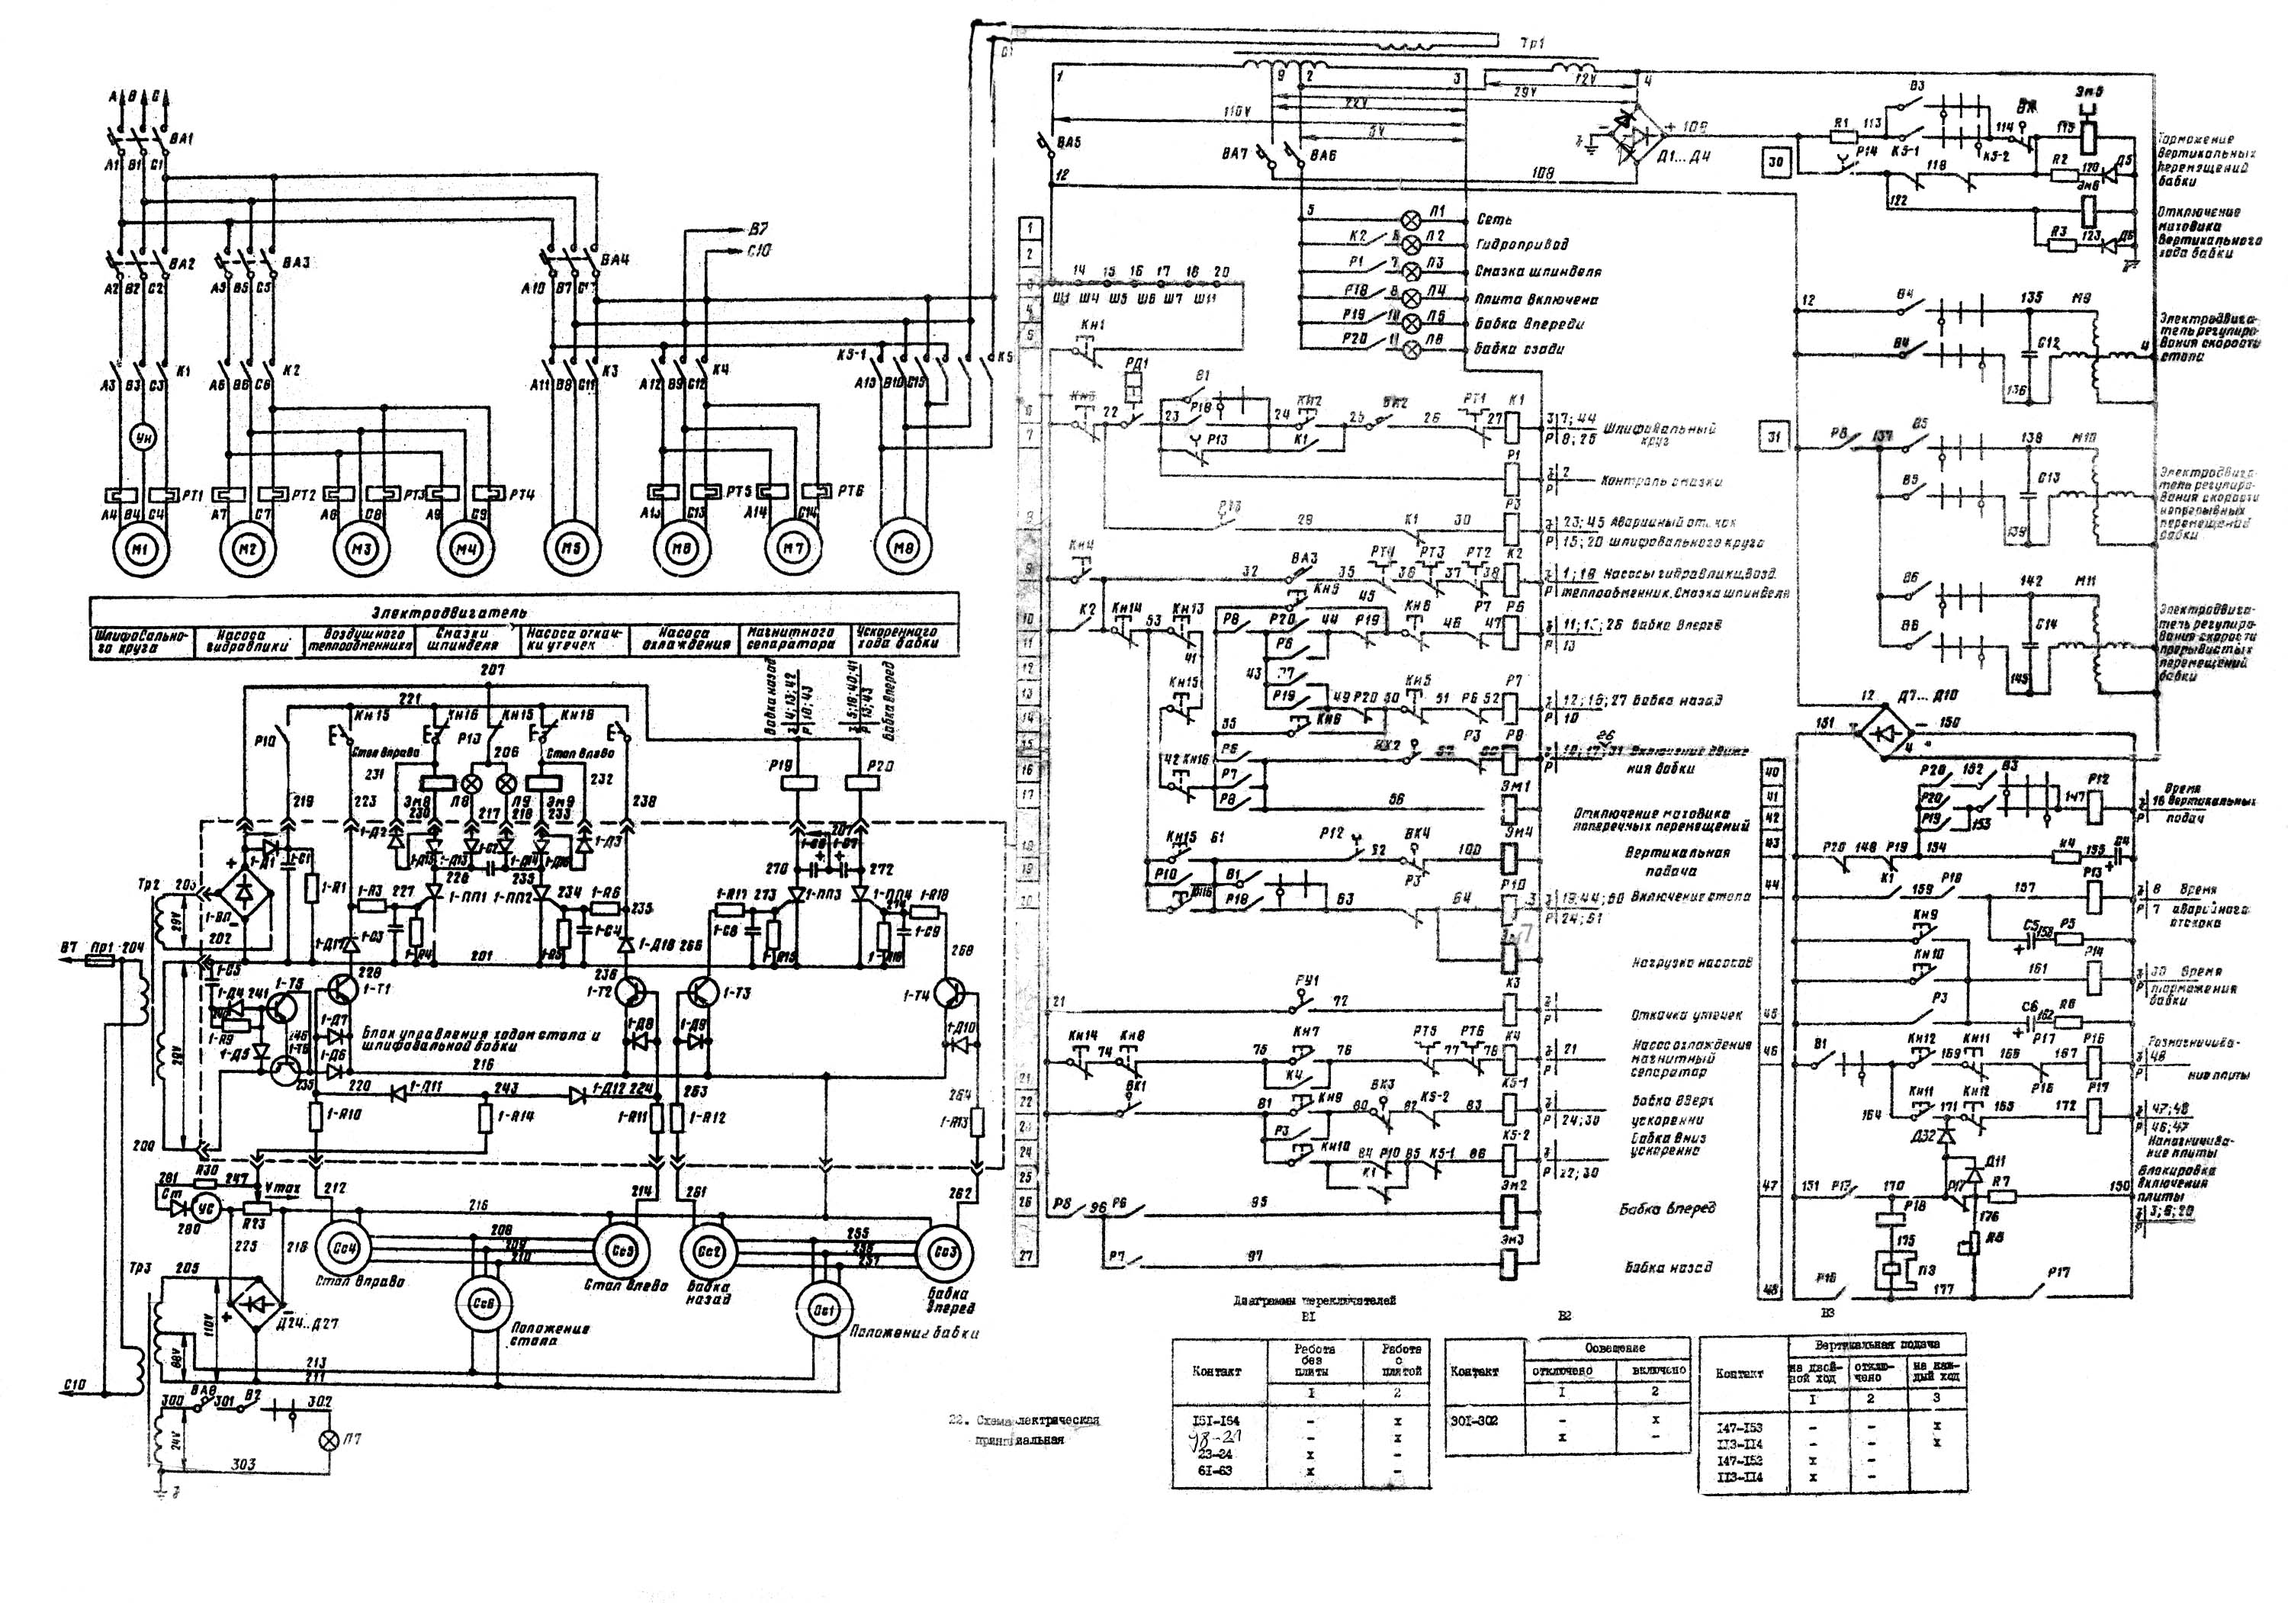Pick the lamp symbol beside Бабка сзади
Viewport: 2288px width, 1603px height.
click(x=1411, y=349)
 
